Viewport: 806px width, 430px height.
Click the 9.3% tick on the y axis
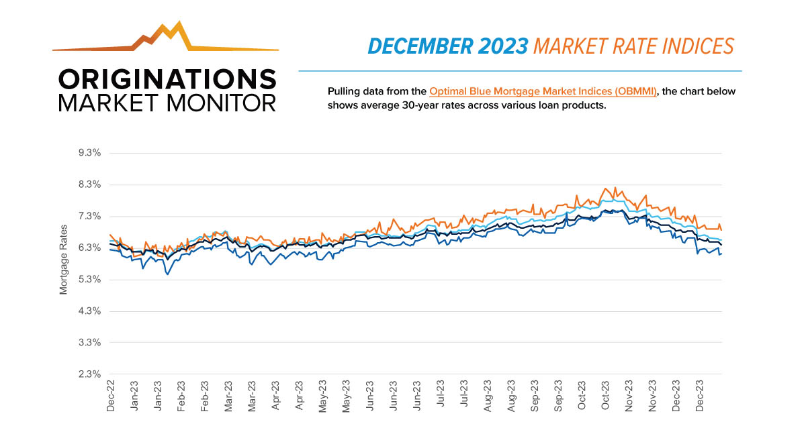pos(89,153)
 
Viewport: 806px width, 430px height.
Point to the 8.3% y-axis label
pos(89,184)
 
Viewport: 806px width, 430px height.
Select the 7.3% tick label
pos(89,216)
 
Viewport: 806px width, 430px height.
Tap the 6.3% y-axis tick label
pos(89,248)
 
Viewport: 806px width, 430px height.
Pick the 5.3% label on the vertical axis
pos(89,279)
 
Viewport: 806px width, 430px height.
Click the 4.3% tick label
pos(89,311)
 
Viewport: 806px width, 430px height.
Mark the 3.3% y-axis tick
pos(89,343)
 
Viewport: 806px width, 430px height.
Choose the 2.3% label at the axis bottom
pos(89,374)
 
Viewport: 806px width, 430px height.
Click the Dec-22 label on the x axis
pos(111,395)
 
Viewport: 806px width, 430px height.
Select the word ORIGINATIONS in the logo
pos(167,79)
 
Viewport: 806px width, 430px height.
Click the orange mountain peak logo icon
pos(165,37)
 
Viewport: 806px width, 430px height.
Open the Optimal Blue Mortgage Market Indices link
pos(543,92)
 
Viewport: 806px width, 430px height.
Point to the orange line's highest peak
pos(606,188)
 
